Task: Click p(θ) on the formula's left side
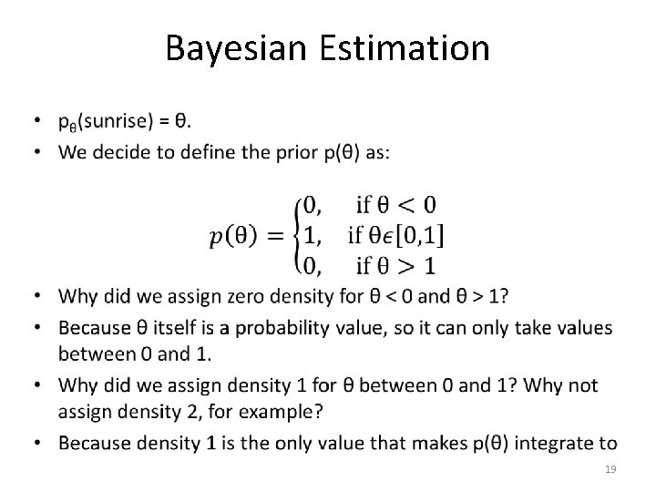[236, 236]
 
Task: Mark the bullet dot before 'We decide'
[38, 152]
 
